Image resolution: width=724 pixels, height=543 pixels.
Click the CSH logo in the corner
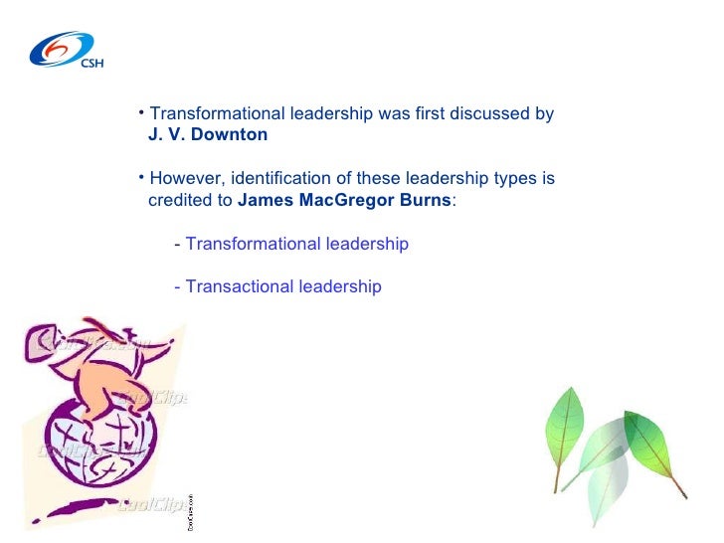point(65,50)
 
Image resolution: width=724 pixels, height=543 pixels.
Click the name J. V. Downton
point(207,134)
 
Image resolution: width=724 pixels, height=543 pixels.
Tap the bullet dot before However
point(142,176)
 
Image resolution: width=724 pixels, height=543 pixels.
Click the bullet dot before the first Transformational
point(142,110)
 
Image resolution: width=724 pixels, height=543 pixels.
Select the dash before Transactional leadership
point(177,286)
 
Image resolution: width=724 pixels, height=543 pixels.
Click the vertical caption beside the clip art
point(192,511)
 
